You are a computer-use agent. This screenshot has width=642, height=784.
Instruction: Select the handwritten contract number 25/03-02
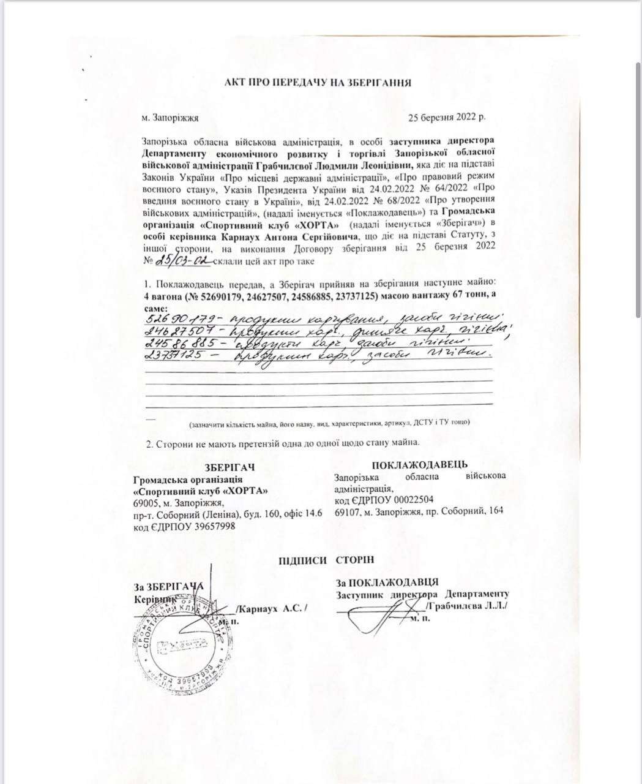[182, 260]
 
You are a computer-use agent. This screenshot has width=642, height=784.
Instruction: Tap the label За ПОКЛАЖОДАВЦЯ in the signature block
[387, 582]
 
